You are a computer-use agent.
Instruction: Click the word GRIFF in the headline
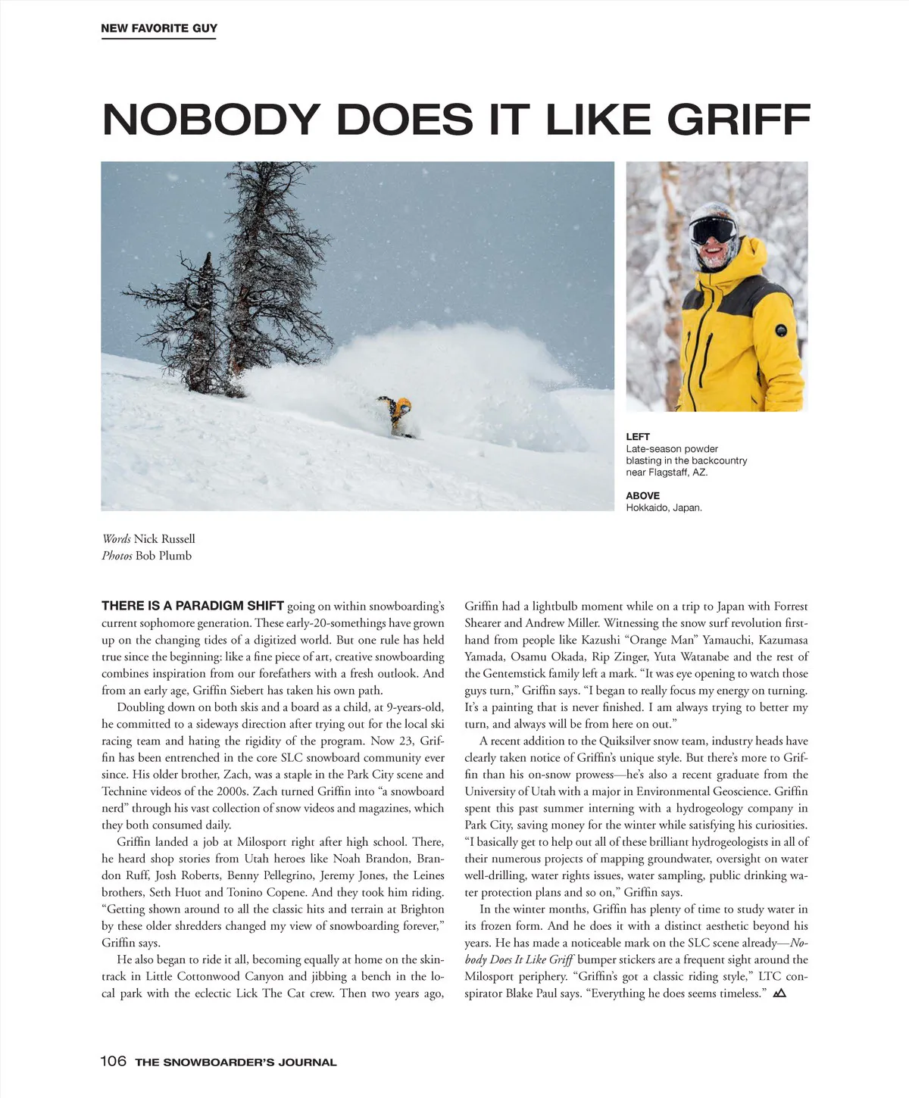[739, 120]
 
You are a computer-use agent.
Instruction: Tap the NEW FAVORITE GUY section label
[159, 28]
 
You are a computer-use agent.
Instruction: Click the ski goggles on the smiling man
[714, 229]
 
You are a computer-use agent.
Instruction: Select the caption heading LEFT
[638, 437]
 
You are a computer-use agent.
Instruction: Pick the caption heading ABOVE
[642, 496]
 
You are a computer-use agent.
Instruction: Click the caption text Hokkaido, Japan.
[664, 508]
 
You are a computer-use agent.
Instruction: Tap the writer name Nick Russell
[164, 539]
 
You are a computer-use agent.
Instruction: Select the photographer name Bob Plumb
[163, 556]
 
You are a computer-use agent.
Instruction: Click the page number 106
[113, 1061]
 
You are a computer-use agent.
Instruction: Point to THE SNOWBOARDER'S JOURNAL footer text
[236, 1062]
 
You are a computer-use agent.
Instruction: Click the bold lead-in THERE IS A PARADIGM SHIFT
[192, 606]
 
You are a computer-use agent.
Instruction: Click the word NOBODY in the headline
[211, 120]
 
